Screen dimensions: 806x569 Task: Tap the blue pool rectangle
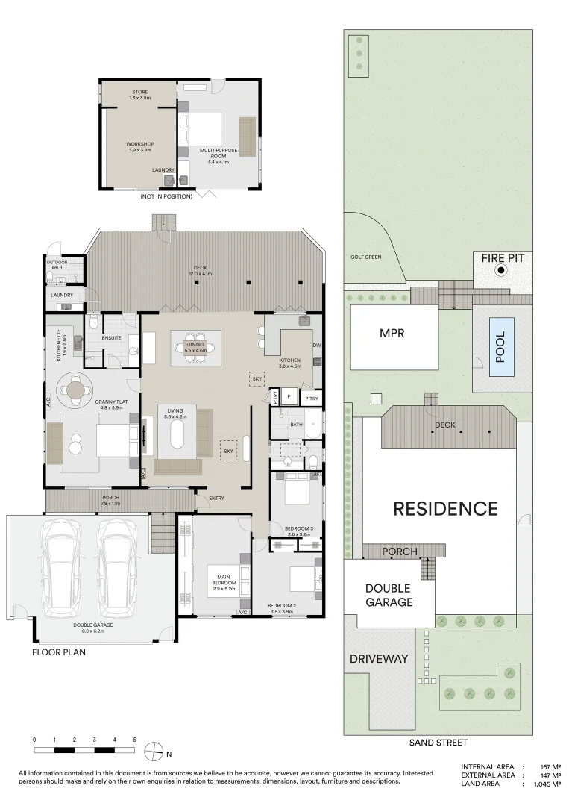500,346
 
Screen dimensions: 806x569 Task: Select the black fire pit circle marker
501,271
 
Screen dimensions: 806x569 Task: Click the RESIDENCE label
445,509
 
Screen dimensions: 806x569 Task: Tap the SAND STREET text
438,743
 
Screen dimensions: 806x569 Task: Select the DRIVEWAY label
379,659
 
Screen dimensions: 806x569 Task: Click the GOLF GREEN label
365,257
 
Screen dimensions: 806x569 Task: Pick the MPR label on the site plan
392,334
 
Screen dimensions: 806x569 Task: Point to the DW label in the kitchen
317,346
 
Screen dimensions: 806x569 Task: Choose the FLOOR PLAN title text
58,652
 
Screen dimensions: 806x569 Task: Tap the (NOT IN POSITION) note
166,196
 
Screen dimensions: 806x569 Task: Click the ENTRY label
217,499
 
